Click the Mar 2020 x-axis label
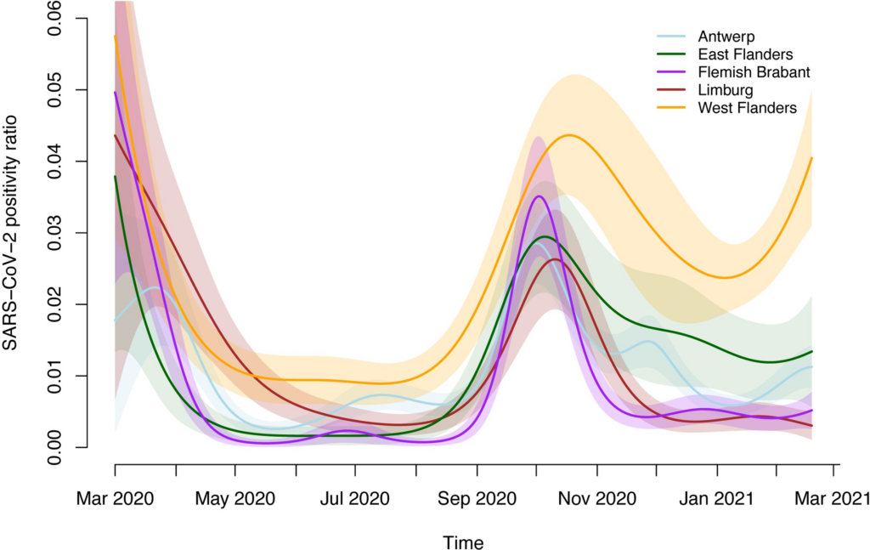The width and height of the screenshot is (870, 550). pyautogui.click(x=116, y=498)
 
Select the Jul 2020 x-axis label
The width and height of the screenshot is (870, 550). pyautogui.click(x=355, y=498)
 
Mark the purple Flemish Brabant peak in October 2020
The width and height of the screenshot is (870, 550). pyautogui.click(x=539, y=196)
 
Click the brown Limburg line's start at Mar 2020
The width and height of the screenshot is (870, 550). pyautogui.click(x=116, y=135)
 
